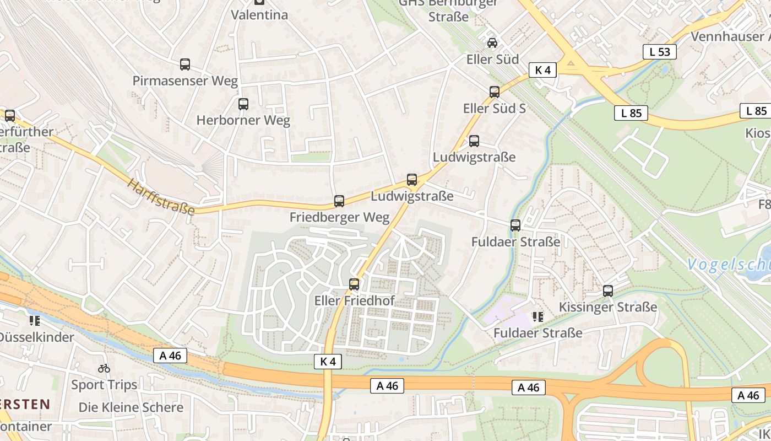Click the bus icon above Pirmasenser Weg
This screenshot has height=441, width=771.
(185, 64)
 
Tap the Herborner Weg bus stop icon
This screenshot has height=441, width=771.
(243, 104)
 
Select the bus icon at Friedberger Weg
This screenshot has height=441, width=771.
(339, 201)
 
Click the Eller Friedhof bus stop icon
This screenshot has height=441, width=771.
(354, 284)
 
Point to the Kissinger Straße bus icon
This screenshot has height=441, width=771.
(608, 291)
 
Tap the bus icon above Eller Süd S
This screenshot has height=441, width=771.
(495, 92)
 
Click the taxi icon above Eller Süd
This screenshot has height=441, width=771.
(492, 43)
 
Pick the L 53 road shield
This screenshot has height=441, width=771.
(659, 52)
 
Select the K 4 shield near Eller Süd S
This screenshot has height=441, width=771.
(542, 69)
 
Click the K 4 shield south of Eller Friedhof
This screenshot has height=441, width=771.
(328, 362)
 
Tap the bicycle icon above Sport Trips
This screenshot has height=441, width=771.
(104, 368)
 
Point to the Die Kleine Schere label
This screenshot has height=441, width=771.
(131, 407)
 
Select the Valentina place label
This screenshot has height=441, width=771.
(259, 15)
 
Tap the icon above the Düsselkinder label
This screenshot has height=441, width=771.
(35, 321)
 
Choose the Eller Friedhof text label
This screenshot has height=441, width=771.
(355, 301)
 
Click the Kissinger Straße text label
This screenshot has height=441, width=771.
(608, 307)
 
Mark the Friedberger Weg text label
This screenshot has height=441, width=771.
(339, 217)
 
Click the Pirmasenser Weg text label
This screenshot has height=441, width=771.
(185, 81)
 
